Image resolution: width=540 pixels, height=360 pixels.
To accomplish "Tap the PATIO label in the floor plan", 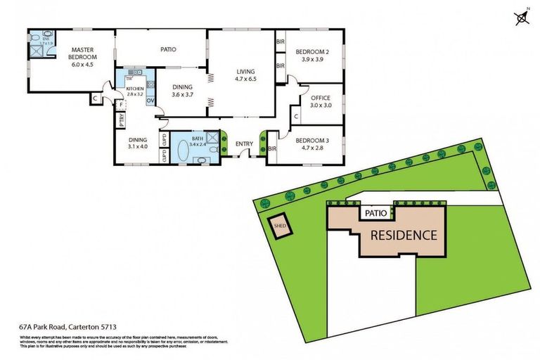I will (167, 49).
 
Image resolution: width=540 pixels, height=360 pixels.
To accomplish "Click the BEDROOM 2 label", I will (312, 52).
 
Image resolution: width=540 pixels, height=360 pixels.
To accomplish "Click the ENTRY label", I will (244, 144).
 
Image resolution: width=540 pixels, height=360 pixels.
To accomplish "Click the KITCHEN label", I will (134, 88).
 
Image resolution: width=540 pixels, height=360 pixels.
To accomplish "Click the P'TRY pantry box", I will (121, 120).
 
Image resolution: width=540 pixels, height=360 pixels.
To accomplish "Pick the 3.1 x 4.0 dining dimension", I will (138, 146).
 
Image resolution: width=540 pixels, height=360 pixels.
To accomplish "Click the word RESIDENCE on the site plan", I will (404, 235).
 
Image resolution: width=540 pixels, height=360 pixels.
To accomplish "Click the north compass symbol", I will (522, 17).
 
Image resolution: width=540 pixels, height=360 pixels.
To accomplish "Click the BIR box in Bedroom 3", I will (272, 148).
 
